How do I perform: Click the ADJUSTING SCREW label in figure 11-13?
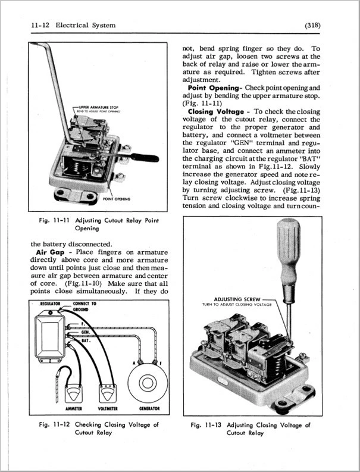point(236,299)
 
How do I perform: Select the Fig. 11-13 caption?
point(251,429)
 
